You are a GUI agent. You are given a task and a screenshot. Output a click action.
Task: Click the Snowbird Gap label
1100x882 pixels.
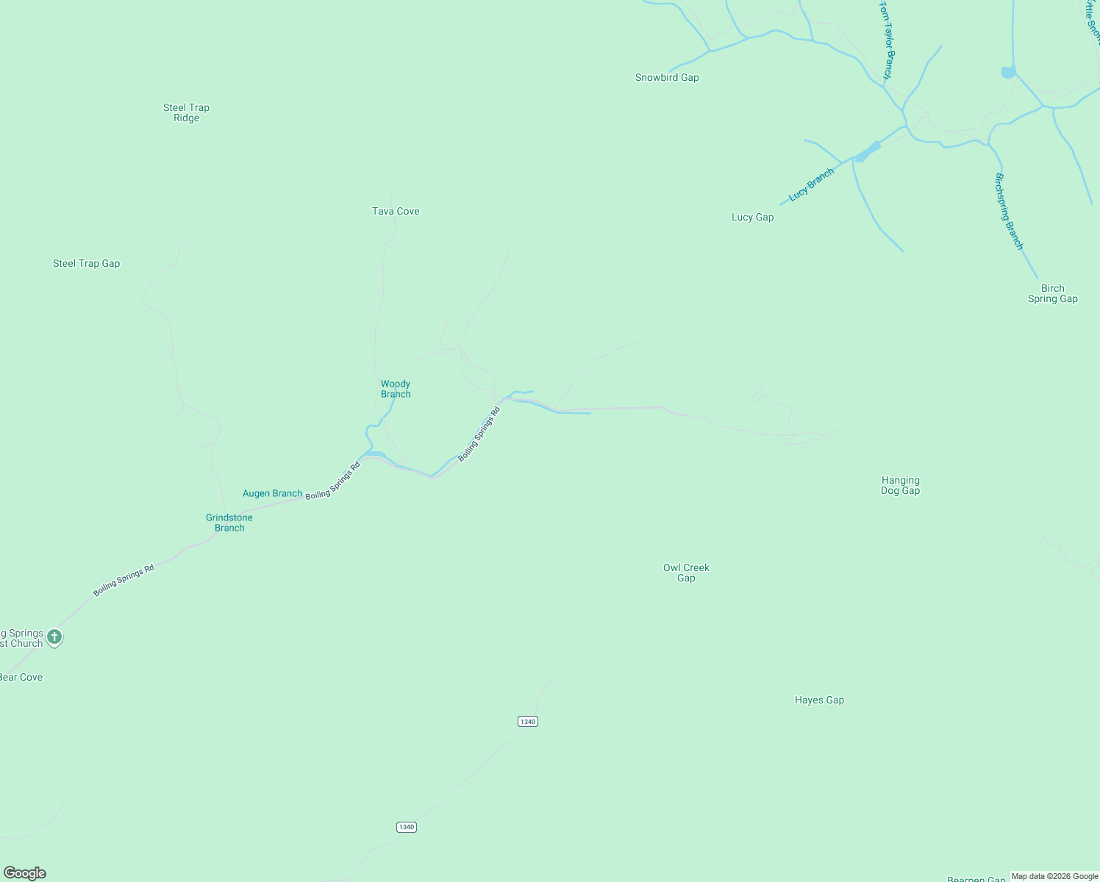click(667, 77)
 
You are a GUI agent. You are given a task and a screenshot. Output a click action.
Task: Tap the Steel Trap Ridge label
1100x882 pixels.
click(186, 112)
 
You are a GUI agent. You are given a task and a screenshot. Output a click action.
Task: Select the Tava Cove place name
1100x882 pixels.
click(396, 211)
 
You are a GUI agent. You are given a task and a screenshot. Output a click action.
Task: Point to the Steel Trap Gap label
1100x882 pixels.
click(86, 263)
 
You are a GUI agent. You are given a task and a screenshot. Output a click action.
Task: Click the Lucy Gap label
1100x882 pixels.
click(752, 217)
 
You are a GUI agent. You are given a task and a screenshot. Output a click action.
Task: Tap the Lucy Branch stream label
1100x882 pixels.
click(811, 184)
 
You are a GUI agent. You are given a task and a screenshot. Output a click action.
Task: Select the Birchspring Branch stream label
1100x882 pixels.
click(1009, 211)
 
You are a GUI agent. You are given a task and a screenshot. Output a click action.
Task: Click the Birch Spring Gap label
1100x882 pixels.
click(1052, 293)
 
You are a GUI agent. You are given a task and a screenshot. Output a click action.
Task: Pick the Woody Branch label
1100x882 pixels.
click(396, 389)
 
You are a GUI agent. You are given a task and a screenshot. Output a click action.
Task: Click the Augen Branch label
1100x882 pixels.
click(272, 493)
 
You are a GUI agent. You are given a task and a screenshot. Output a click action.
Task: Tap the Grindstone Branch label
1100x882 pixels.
click(229, 523)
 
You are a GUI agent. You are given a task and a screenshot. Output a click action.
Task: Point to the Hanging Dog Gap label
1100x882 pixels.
click(900, 485)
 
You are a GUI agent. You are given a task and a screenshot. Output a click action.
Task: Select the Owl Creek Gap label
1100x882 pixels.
click(686, 573)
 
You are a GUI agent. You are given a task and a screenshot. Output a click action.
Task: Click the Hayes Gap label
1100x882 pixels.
click(819, 700)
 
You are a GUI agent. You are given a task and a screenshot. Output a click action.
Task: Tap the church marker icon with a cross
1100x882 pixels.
click(54, 637)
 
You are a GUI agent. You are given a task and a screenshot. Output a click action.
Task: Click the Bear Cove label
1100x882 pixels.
click(21, 677)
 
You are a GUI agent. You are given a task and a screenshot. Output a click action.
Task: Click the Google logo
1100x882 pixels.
click(25, 873)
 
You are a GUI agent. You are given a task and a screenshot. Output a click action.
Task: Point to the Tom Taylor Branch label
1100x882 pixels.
click(887, 40)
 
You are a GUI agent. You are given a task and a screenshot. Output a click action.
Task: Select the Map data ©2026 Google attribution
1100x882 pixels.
click(1054, 876)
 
